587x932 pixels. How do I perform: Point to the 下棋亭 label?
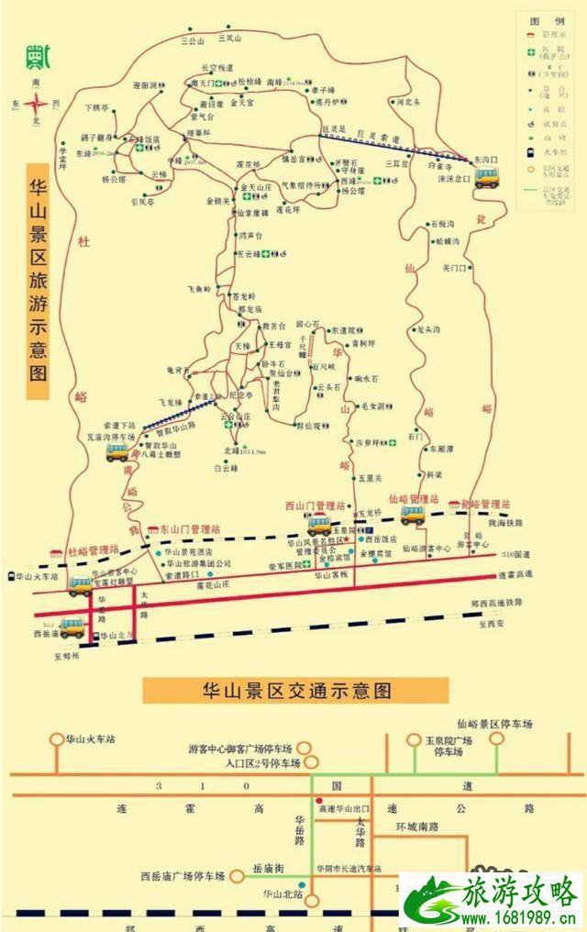(97, 107)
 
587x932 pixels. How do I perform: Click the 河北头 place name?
(409, 103)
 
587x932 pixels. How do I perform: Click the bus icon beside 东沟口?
(486, 177)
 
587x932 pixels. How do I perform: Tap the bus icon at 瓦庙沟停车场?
(116, 451)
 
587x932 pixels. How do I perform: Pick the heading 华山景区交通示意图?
(295, 690)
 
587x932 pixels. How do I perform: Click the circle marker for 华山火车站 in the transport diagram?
(57, 738)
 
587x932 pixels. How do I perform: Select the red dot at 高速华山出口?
(319, 800)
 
